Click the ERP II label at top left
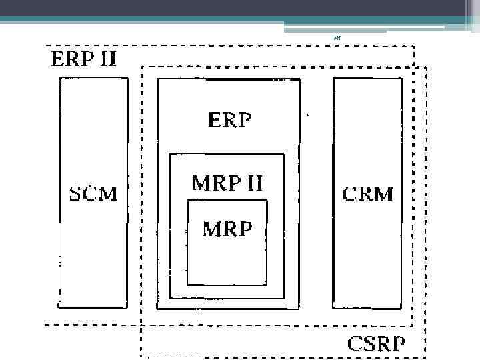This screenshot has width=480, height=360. [x=84, y=59]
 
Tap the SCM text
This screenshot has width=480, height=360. [x=94, y=195]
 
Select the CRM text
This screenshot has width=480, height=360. [x=367, y=195]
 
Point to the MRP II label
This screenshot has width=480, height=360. [x=227, y=183]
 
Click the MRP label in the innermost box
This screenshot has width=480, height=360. [x=227, y=229]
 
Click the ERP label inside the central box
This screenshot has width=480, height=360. [x=230, y=121]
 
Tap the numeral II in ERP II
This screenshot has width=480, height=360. [x=105, y=59]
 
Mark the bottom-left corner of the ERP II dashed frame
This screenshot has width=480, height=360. [x=45, y=325]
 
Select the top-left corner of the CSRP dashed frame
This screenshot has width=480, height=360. [x=141, y=67]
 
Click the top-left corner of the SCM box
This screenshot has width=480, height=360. [x=59, y=79]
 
